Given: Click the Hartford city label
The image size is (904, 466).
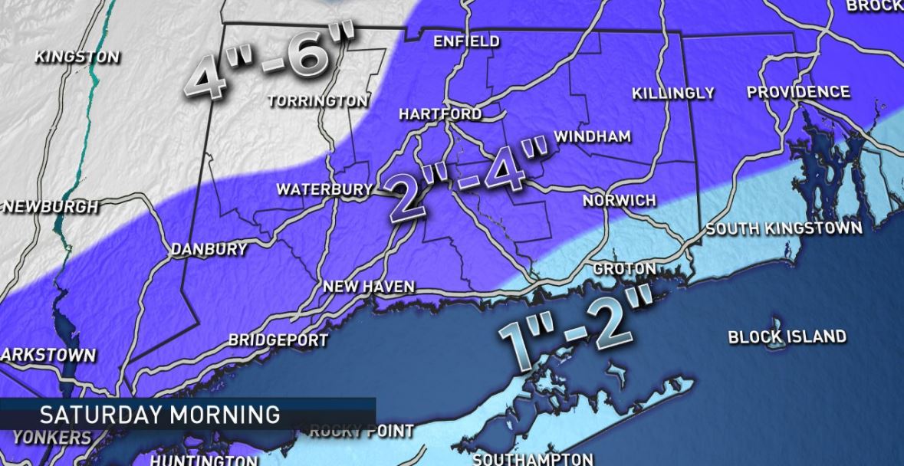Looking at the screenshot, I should click(x=440, y=114).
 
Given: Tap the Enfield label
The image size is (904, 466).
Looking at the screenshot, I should click(x=466, y=41).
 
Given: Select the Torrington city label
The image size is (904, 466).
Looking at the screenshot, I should click(x=317, y=101).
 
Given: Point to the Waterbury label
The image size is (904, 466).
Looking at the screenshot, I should click(x=324, y=189).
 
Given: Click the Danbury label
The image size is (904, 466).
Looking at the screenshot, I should click(x=209, y=249).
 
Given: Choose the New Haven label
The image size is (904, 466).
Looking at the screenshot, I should click(x=368, y=287).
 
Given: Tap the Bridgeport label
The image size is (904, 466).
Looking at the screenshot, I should click(x=278, y=340).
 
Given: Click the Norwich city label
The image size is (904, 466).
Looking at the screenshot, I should click(x=619, y=201).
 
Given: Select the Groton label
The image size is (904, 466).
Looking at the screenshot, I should click(x=624, y=269).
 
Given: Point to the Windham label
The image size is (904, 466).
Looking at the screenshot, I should click(x=592, y=137).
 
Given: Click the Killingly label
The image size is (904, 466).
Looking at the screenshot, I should click(x=672, y=94).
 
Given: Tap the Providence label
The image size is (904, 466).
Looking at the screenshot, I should click(x=798, y=93).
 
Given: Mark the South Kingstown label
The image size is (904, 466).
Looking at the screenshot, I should click(x=784, y=228).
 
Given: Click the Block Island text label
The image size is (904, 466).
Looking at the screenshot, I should click(x=787, y=336).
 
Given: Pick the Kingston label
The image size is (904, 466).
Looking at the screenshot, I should click(x=77, y=57).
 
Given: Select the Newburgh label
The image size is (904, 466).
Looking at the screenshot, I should click(x=51, y=207).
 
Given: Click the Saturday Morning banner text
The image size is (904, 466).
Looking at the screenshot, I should click(x=159, y=415).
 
